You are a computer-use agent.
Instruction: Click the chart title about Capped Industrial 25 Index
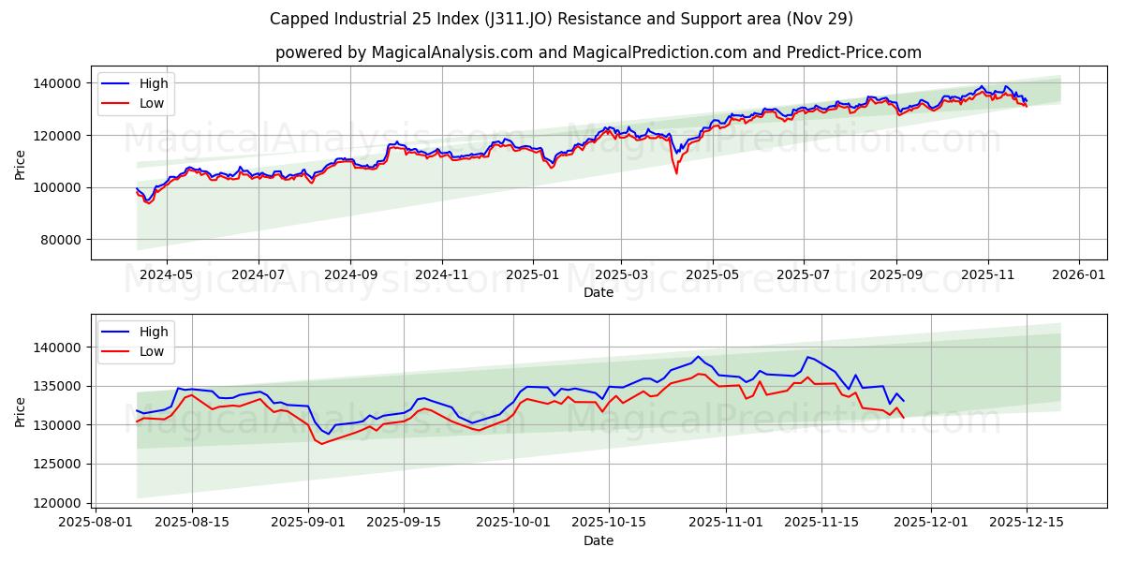(561, 19)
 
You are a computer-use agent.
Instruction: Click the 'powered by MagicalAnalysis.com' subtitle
(598, 52)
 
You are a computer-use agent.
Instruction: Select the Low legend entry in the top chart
(151, 103)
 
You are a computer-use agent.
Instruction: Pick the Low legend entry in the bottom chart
(151, 351)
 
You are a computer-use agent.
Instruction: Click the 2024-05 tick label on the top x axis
(167, 275)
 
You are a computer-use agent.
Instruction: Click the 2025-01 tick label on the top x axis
(532, 275)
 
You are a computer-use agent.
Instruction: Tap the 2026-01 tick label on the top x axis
(1079, 275)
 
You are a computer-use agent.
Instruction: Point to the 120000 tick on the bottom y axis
(58, 503)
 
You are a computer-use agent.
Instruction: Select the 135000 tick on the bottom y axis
(58, 386)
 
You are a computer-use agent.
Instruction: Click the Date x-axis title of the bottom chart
(598, 540)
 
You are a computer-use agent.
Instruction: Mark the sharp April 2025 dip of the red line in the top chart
(676, 172)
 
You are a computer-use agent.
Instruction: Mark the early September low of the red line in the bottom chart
(321, 443)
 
